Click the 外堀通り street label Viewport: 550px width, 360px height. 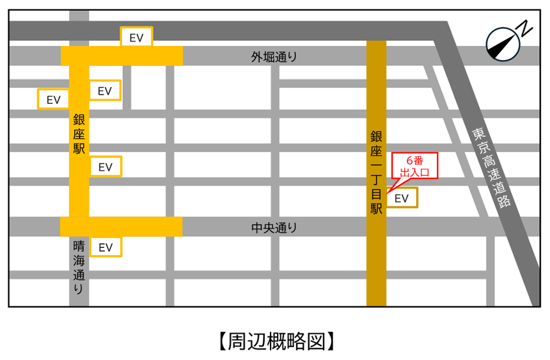(274, 57)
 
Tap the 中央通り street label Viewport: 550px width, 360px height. (274, 227)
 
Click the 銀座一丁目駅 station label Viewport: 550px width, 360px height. (376, 173)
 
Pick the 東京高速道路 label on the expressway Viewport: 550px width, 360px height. (491, 168)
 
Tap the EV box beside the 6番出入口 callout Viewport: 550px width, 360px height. (401, 198)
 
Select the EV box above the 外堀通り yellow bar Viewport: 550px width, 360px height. (136, 37)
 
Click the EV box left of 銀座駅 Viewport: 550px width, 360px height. (54, 99)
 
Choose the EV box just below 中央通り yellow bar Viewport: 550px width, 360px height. (106, 247)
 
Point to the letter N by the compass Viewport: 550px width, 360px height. (525, 28)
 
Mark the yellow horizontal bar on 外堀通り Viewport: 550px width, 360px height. (122, 56)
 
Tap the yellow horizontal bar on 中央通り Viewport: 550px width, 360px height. (122, 226)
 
